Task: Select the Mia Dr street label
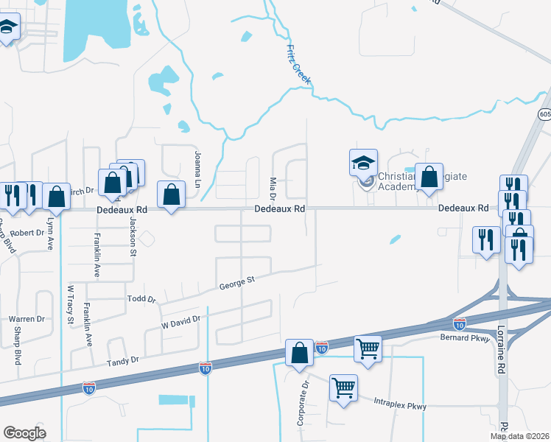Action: click(272, 188)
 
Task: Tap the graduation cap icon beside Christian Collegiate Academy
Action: click(363, 163)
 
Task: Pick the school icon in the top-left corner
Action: click(7, 28)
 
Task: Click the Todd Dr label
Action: click(142, 299)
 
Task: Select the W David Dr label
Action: click(180, 321)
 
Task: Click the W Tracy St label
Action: click(71, 305)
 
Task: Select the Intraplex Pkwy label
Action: click(400, 404)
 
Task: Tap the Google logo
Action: click(24, 432)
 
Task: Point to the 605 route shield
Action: click(544, 114)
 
